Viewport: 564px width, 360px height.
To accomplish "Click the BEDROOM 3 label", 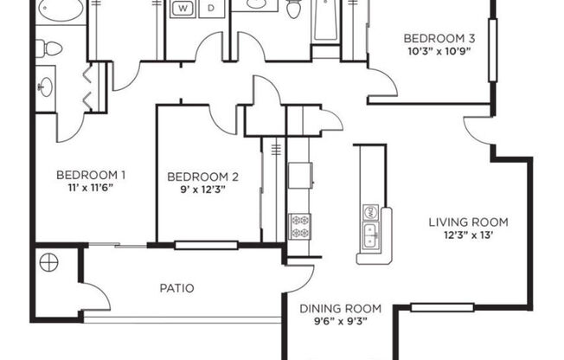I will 441,38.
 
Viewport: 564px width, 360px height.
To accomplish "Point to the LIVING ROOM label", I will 468,221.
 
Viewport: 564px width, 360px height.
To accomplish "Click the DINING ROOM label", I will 340,309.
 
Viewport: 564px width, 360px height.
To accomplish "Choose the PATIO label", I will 176,288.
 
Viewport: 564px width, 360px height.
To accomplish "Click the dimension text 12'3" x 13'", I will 468,235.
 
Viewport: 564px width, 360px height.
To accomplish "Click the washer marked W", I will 183,9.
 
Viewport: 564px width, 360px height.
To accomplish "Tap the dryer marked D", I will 211,9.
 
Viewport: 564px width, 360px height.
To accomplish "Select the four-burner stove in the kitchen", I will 298,226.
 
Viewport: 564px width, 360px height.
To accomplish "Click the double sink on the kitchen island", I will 370,235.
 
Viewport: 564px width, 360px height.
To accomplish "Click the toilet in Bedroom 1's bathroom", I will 52,48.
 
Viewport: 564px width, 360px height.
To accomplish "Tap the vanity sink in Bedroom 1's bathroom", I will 46,86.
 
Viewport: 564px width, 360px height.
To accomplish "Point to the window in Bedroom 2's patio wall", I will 206,245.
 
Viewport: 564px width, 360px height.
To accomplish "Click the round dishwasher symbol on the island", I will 370,212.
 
